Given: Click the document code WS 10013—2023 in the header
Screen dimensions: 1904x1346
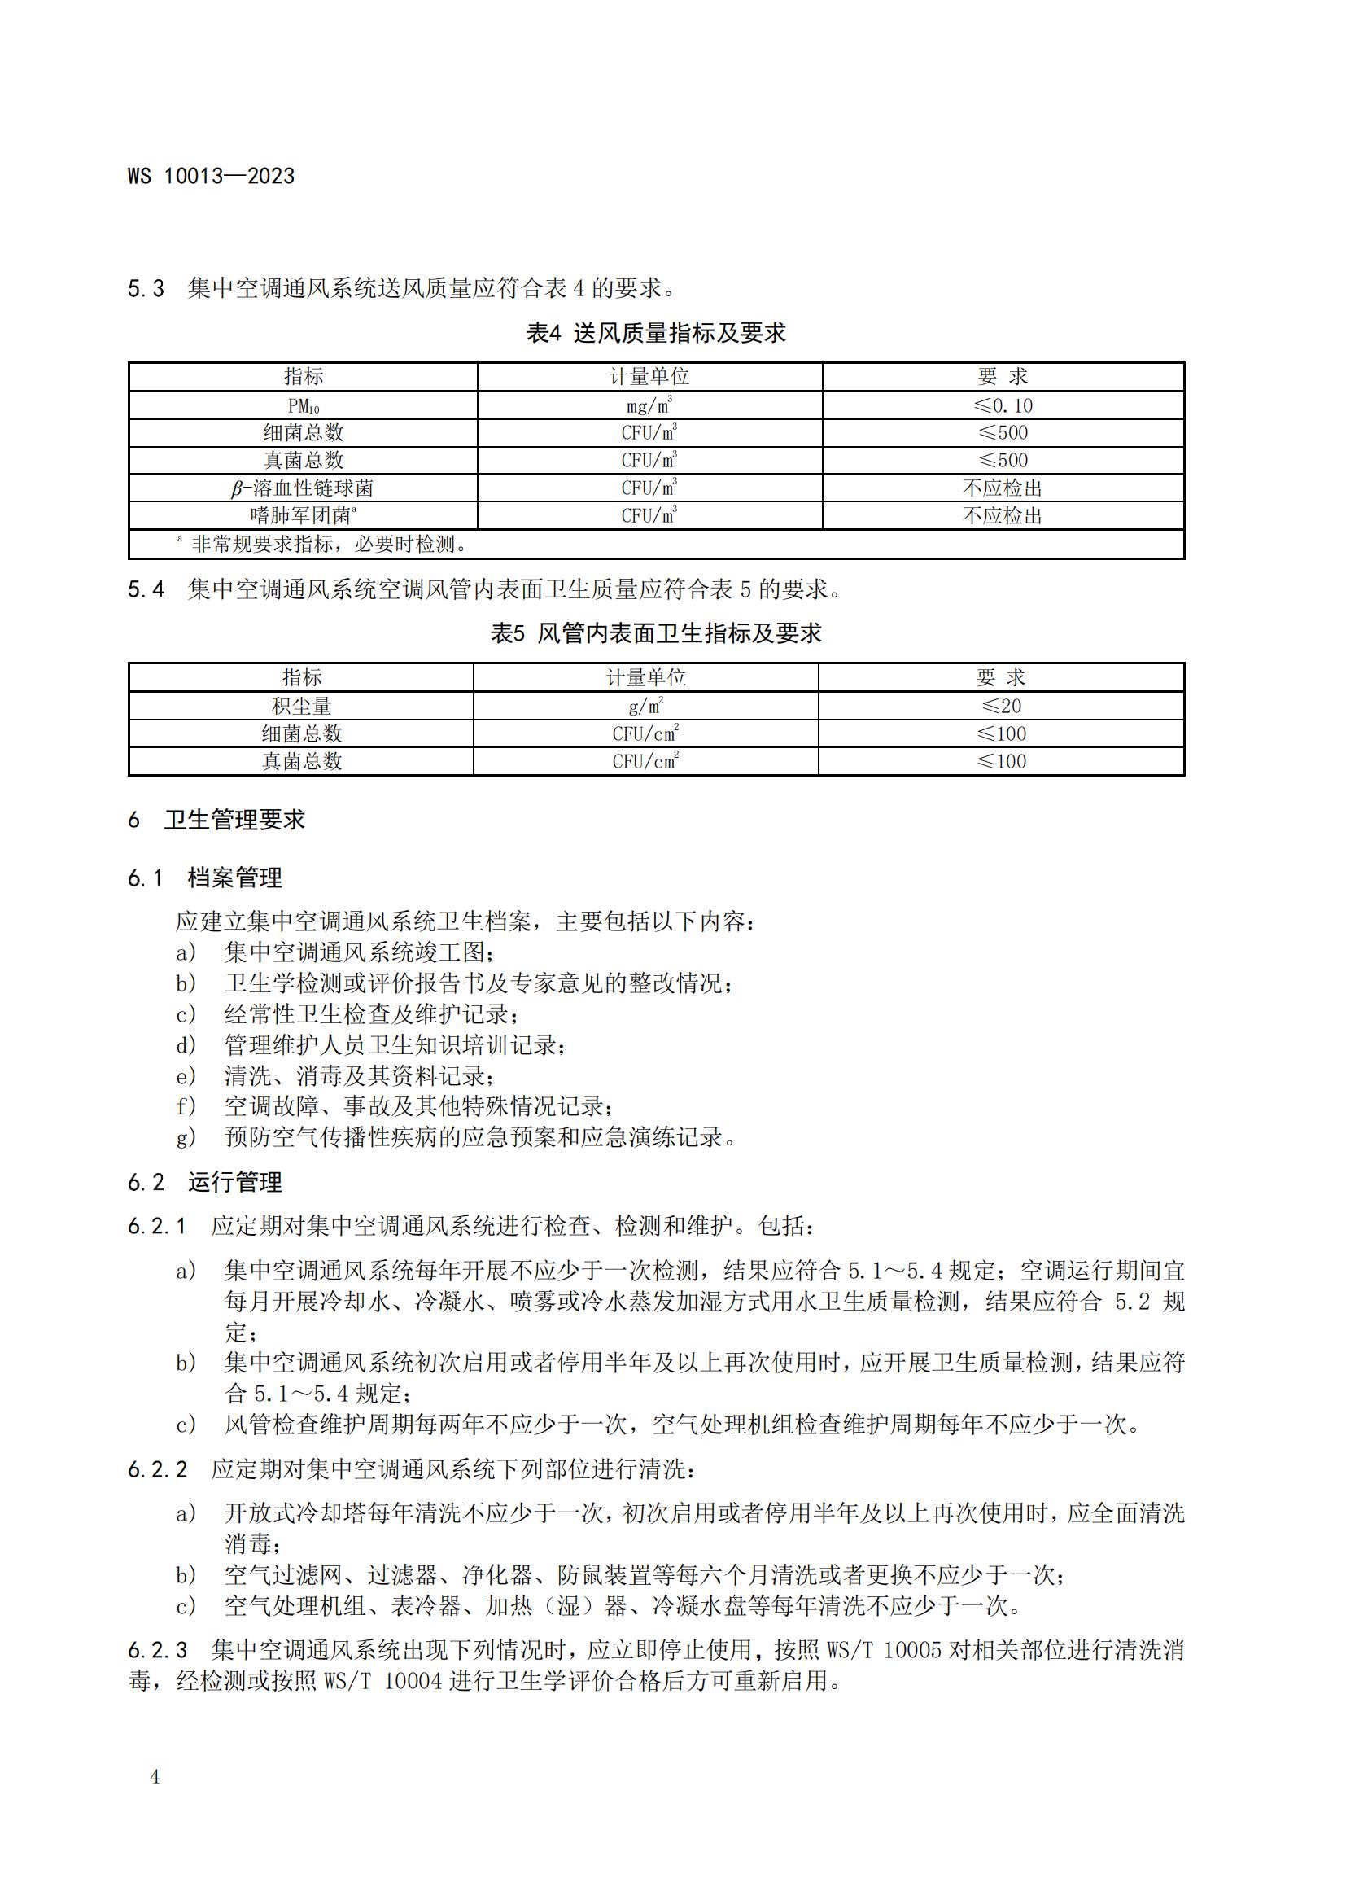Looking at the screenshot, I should (x=211, y=176).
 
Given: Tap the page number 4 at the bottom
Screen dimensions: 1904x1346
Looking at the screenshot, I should (x=154, y=1776).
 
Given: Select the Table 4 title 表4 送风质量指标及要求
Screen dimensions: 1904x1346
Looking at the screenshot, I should (x=656, y=334).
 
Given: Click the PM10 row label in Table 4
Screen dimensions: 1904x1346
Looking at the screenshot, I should (x=303, y=405).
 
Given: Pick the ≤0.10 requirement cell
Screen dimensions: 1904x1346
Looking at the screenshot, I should (x=1003, y=405).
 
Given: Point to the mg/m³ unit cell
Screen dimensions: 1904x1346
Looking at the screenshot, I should (x=649, y=405).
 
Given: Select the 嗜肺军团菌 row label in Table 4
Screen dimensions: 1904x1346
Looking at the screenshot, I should (x=304, y=516).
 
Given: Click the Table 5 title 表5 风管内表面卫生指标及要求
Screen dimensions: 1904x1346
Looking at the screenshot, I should (x=656, y=633).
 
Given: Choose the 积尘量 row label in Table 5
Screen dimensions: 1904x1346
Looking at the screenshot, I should (x=302, y=706).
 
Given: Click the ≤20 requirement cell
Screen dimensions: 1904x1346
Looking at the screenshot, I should (x=1001, y=706).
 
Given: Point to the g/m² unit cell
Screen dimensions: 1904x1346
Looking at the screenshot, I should (x=645, y=706).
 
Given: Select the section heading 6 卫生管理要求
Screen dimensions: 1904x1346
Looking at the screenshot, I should (x=217, y=820).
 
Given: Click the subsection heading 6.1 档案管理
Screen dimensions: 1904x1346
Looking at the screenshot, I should (x=205, y=878).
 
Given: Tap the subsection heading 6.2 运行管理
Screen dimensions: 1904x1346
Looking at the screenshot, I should (x=205, y=1182).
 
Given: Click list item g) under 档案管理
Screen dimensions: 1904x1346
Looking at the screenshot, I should (x=456, y=1137).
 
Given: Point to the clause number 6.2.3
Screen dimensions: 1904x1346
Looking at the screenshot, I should (x=158, y=1649).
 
